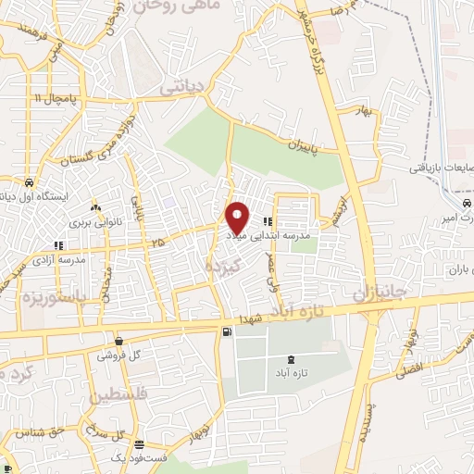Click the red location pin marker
point(237,218)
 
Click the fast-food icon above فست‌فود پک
point(139,445)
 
